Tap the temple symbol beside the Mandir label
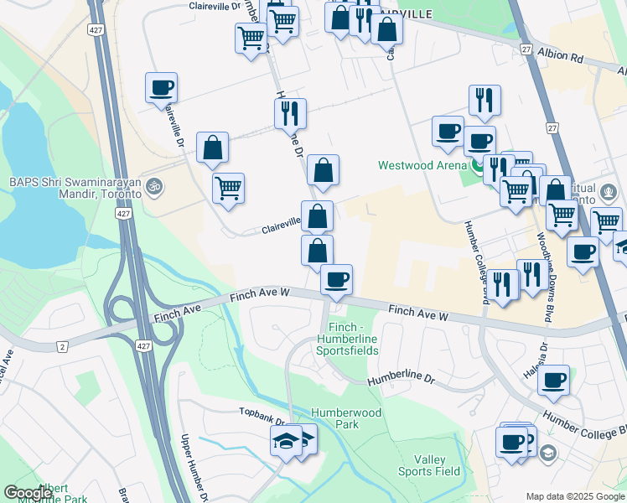152,185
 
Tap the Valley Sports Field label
437,465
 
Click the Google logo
28,493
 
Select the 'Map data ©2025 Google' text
574,496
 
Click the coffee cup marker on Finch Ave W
336,280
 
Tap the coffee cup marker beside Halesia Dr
553,381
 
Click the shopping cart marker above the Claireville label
228,188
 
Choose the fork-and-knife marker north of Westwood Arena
484,100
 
